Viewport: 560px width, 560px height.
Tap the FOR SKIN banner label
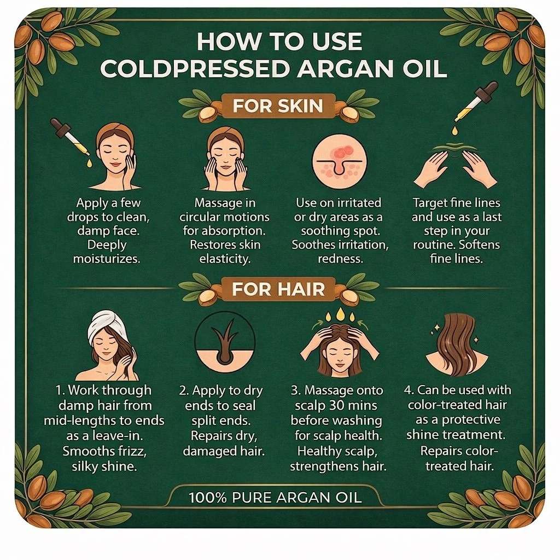pos(278,106)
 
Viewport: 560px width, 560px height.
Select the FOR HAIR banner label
pos(278,289)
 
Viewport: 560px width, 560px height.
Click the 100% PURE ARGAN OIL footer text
pos(275,498)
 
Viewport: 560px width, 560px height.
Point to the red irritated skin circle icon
pos(339,161)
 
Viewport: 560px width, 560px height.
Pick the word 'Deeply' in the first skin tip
pos(107,245)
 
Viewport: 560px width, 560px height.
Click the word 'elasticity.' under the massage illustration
pos(225,259)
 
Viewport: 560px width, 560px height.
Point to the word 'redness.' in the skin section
pos(340,259)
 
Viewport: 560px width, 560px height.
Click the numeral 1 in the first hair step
pos(59,390)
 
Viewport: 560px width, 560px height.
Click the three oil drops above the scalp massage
pos(340,314)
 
